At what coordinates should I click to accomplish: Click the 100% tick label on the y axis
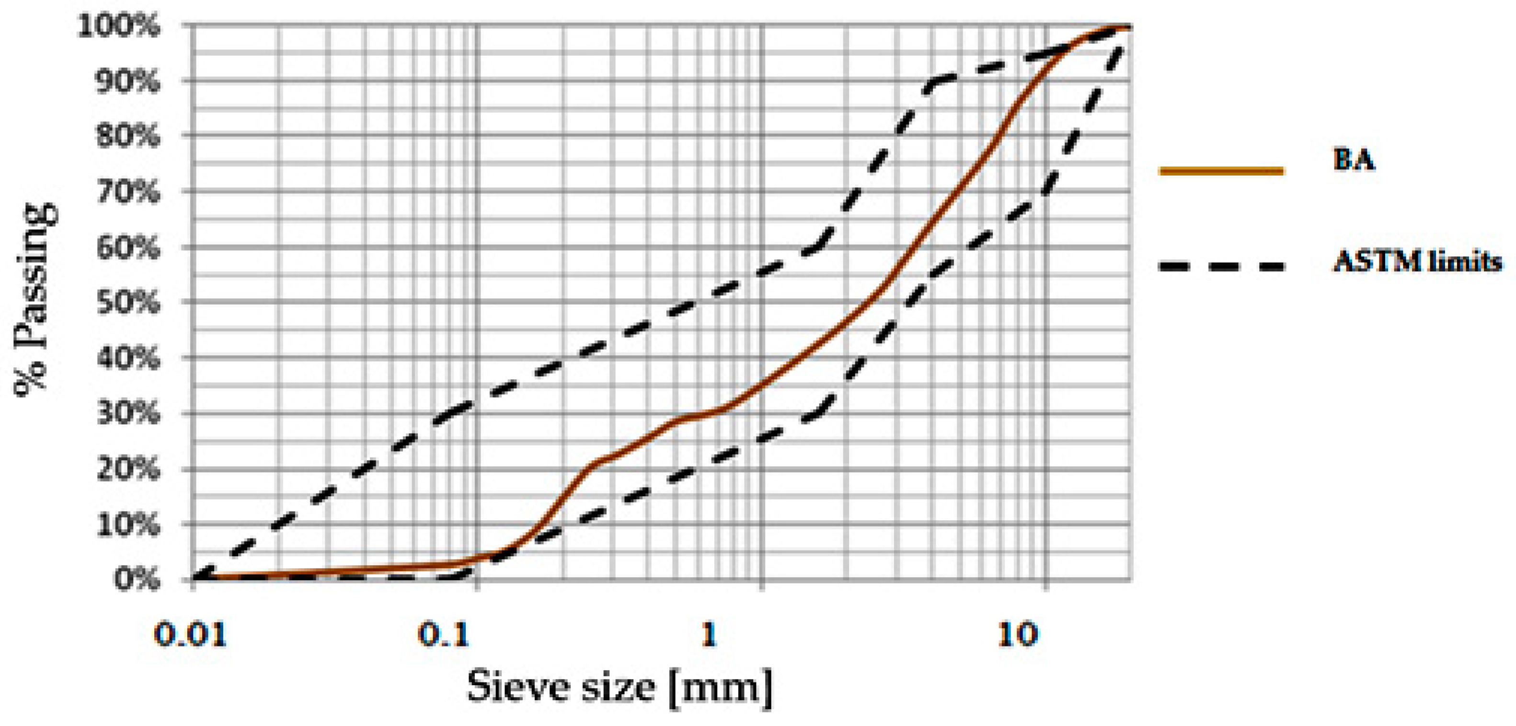pos(118,26)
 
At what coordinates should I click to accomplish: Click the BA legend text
pos(1354,160)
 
